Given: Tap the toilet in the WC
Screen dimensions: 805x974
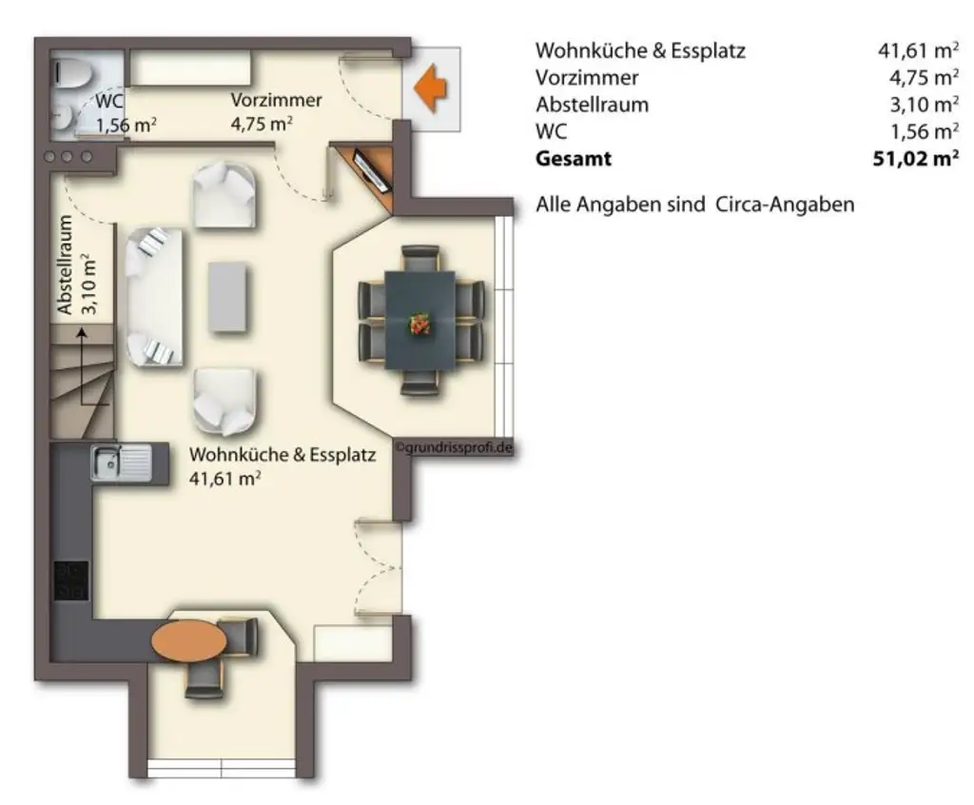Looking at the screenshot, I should click(68, 72).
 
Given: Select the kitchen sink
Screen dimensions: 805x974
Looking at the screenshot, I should click(121, 463).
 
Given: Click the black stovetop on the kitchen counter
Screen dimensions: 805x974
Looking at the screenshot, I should click(70, 580).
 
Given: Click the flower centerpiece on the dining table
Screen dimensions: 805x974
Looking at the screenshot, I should click(419, 324).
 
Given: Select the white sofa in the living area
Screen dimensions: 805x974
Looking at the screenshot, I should click(153, 297).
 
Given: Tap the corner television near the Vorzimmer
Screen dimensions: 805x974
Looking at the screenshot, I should click(371, 168).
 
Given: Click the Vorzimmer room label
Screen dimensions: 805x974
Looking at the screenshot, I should click(276, 100).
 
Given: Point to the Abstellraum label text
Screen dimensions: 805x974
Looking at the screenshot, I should click(66, 265).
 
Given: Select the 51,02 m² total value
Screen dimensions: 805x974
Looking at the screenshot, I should click(914, 159).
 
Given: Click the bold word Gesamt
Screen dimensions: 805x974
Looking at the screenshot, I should click(573, 159).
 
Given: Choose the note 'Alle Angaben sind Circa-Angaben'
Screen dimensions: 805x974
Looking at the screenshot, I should click(694, 204).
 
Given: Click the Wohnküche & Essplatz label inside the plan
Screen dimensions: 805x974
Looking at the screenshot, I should click(282, 455).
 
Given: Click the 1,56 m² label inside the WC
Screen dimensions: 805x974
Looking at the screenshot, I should click(126, 125).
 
